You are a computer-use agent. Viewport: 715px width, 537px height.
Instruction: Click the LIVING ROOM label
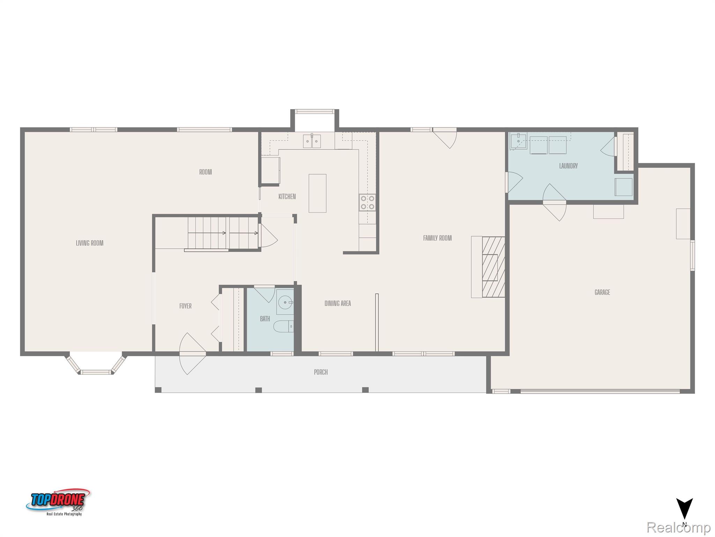(90, 243)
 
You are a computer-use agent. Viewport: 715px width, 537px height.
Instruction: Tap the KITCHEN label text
(287, 196)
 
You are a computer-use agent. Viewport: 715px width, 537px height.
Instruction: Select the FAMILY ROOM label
(437, 238)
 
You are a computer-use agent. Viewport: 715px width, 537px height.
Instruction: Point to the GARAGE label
(602, 292)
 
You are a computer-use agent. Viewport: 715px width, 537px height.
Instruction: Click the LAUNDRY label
(568, 166)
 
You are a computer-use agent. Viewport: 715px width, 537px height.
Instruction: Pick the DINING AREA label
(338, 303)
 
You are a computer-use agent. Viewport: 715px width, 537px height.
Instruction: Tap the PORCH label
(321, 372)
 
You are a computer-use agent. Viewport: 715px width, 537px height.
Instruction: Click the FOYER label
(185, 306)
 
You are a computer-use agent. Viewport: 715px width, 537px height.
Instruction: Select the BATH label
(265, 318)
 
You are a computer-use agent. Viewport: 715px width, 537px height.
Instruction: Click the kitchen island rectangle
(317, 193)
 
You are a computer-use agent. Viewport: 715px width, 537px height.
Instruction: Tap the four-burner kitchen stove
(367, 202)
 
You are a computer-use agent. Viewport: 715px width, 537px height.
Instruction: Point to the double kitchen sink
(312, 141)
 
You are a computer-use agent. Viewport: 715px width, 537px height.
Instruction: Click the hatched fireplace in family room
(493, 267)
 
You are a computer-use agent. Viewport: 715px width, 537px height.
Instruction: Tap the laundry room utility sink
(518, 141)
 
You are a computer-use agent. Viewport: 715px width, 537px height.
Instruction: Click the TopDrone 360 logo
(58, 502)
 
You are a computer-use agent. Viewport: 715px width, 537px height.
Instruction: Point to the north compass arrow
(684, 509)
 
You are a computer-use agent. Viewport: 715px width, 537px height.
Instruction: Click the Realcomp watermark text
(678, 528)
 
